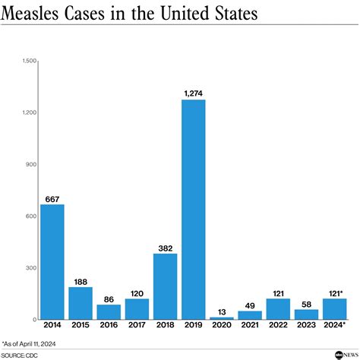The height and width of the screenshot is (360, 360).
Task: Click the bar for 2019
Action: coord(194,209)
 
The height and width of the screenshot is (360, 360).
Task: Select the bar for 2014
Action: coord(52,261)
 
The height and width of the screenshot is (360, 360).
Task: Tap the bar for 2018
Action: coord(165,286)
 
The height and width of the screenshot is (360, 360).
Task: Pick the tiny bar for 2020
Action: coord(222,318)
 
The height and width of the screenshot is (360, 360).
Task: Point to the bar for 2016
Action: coord(109,311)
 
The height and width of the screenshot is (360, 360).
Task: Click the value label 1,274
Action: coord(194,93)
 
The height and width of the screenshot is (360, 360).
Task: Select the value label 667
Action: coord(52,198)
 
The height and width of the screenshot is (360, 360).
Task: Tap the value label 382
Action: coord(165,247)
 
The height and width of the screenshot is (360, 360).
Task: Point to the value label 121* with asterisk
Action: coord(335,292)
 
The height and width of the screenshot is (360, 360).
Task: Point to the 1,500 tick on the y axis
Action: coord(29,61)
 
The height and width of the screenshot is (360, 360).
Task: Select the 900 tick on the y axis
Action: coord(31,164)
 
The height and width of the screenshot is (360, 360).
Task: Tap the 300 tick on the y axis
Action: coord(31,268)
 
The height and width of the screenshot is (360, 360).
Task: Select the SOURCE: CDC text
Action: coord(21,354)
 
